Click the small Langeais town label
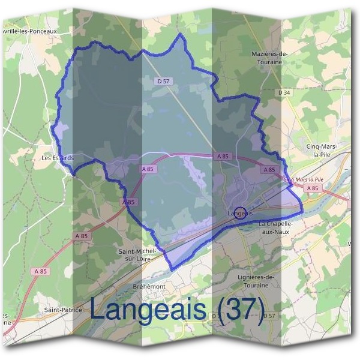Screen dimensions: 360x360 pyautogui.click(x=240, y=213)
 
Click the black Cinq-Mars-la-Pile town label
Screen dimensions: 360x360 pyautogui.click(x=322, y=150)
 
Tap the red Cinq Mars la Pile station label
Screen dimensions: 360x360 pyautogui.click(x=303, y=179)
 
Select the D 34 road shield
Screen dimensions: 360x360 pyautogui.click(x=284, y=92)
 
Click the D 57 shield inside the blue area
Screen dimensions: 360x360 pyautogui.click(x=161, y=80)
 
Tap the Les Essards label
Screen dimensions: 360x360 pyautogui.click(x=57, y=158)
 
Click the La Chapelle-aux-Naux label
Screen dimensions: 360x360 pyautogui.click(x=275, y=227)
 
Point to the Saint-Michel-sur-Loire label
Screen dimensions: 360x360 pyautogui.click(x=137, y=254)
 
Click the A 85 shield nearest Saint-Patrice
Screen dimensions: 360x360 pyautogui.click(x=41, y=272)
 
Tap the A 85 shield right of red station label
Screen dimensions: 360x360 pyautogui.click(x=312, y=188)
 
